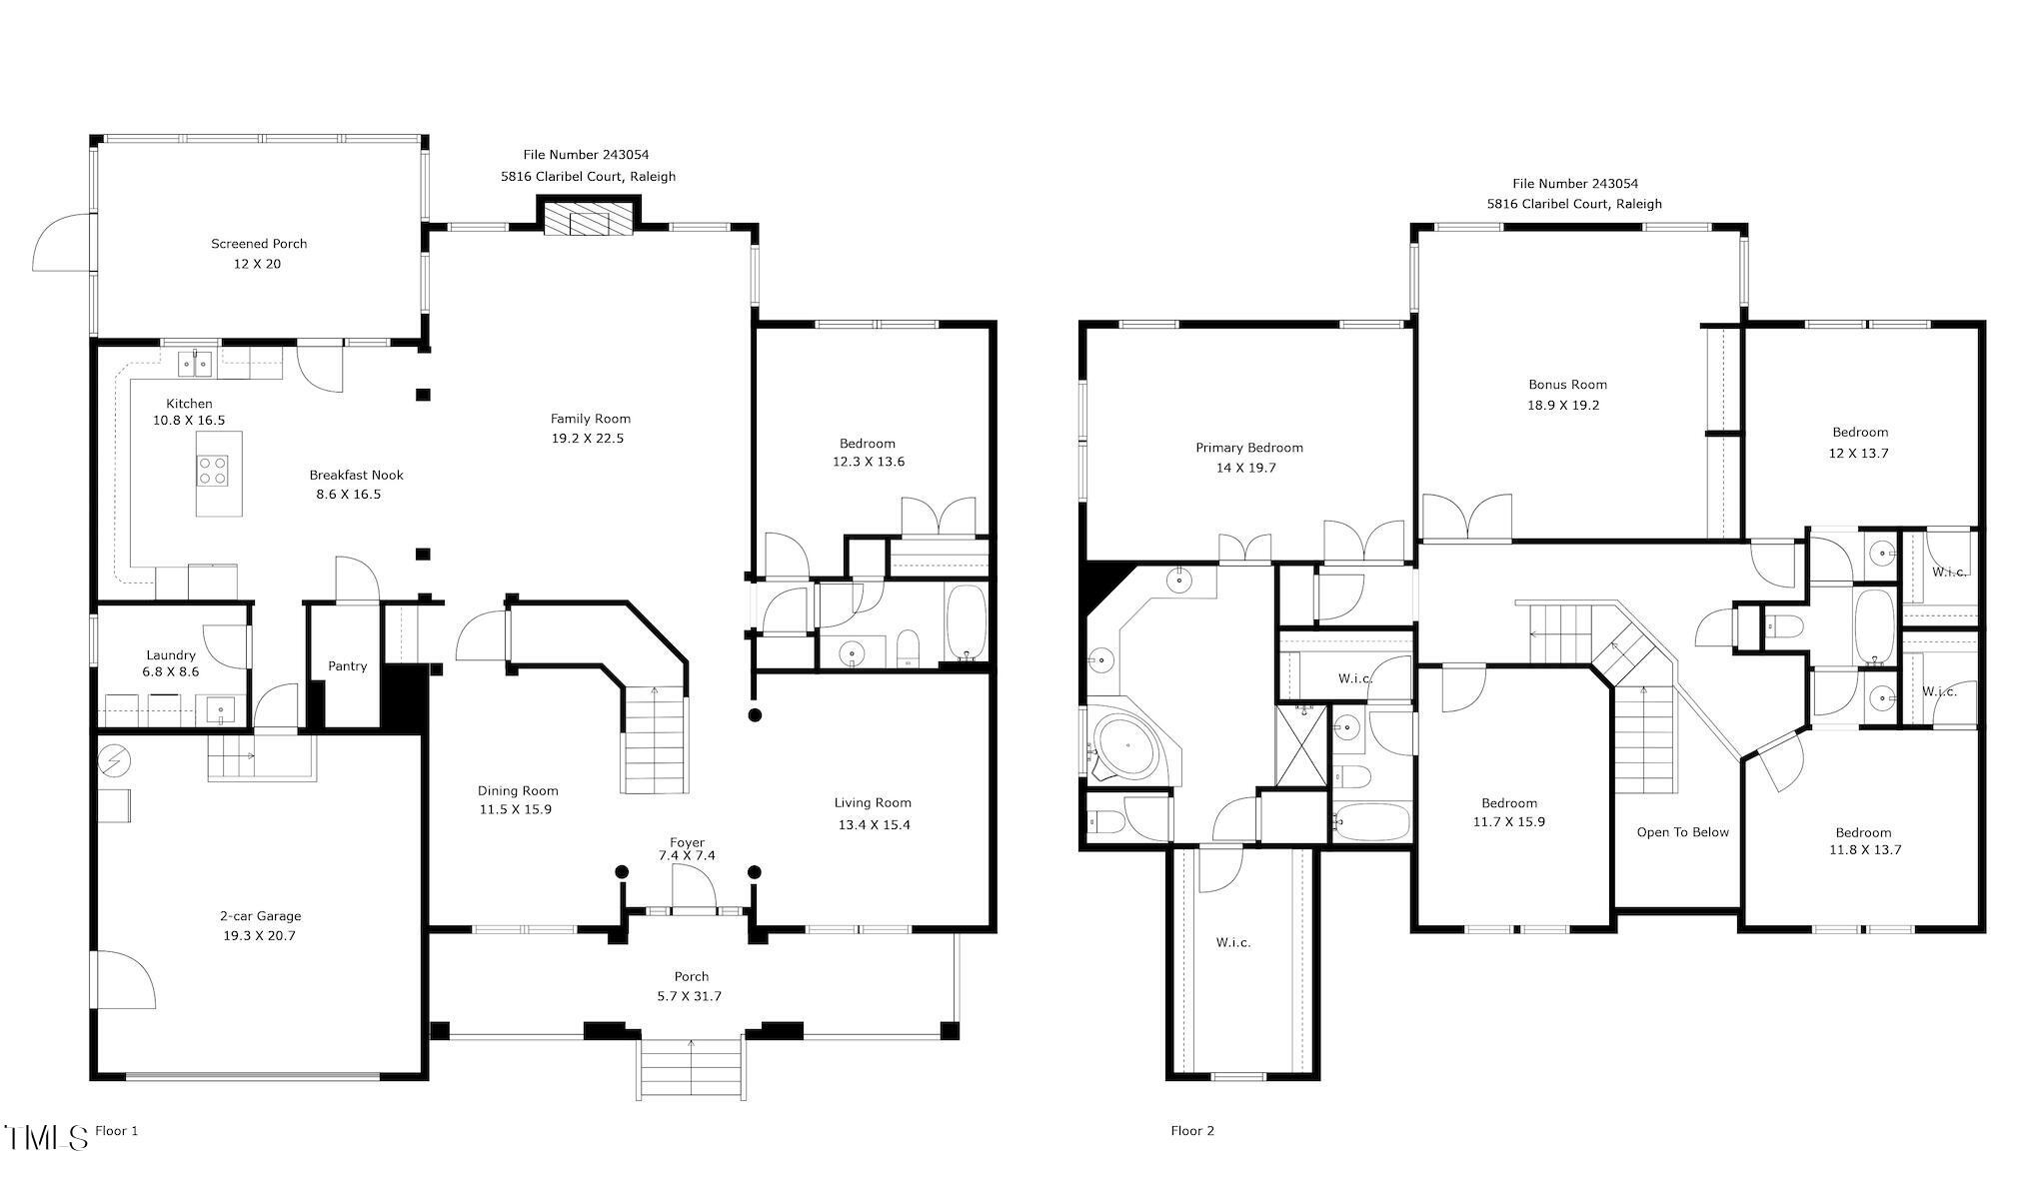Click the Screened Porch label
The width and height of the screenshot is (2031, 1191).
(x=259, y=244)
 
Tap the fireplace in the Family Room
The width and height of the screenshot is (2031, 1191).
(x=589, y=221)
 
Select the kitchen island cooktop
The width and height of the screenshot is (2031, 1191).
(x=212, y=470)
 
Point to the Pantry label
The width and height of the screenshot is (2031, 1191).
(x=348, y=666)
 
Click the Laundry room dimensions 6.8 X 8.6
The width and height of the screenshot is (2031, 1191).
(x=171, y=672)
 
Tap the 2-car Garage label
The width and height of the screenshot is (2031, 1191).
(x=260, y=916)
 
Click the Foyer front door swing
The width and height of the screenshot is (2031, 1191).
(x=694, y=887)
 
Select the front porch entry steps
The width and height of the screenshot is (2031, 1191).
(x=691, y=1069)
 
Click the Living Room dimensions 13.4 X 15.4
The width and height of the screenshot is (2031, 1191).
(x=874, y=825)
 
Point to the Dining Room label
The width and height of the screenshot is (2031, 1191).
(x=518, y=791)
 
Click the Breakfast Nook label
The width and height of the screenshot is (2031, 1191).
(x=356, y=476)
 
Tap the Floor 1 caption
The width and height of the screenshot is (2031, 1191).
(x=116, y=1131)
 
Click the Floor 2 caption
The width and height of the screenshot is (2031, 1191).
(x=1192, y=1131)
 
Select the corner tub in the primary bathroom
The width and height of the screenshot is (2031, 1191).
(x=1129, y=744)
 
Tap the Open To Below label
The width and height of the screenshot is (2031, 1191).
(x=1682, y=832)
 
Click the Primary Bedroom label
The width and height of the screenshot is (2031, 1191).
(x=1249, y=448)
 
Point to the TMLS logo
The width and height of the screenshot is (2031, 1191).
(x=46, y=1137)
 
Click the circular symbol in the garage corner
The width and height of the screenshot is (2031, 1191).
(x=114, y=761)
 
